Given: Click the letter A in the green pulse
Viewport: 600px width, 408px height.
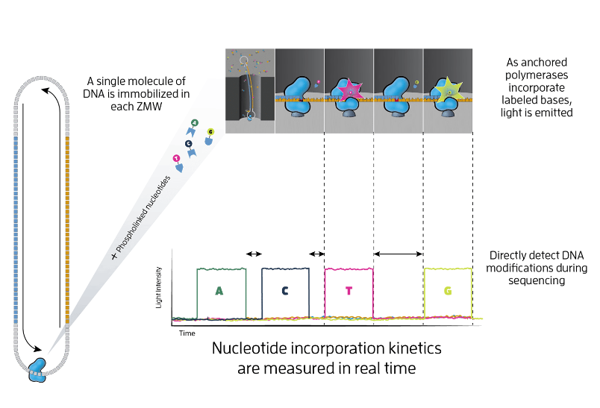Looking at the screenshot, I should point(219,291).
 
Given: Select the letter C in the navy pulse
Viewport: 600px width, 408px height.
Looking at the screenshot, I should point(285,291).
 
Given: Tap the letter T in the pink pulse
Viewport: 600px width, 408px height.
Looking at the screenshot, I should point(349,291).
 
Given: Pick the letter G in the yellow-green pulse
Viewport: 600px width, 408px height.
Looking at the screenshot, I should point(448,291).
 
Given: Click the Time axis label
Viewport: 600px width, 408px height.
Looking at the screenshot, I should point(187,333).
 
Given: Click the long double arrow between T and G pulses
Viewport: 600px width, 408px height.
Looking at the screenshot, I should point(398,255).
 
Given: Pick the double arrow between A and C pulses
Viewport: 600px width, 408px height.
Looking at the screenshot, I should point(254,254).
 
